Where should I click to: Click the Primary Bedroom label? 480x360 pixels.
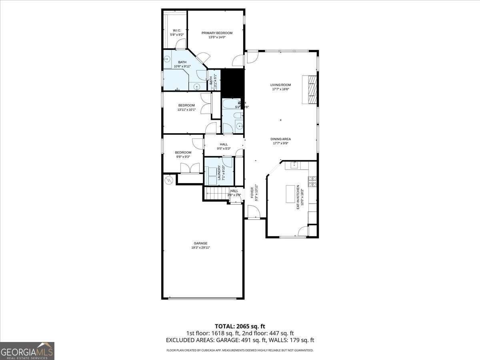tap(217, 33)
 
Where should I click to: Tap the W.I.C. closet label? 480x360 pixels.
tap(177, 31)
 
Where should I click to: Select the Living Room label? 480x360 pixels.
tap(280, 85)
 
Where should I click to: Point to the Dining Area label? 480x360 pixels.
tap(280, 139)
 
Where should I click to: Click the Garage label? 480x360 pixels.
tap(200, 243)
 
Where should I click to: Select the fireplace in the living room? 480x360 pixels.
tap(310, 89)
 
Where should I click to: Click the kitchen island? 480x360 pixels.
tap(292, 194)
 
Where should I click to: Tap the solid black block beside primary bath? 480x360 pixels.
tap(232, 83)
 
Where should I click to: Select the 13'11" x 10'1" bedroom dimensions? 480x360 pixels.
tap(186, 110)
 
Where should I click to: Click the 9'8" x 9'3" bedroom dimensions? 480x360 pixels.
tap(183, 157)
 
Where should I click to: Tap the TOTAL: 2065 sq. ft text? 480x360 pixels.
tap(240, 326)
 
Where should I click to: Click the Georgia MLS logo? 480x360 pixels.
tap(27, 351)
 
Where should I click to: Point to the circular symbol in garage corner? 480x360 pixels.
tap(169, 180)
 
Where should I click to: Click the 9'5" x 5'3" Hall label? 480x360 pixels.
tap(224, 146)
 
